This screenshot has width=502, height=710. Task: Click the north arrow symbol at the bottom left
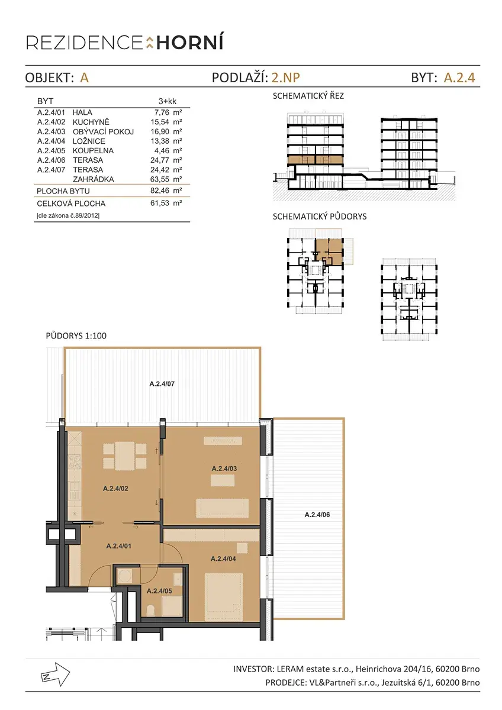tap(55, 674)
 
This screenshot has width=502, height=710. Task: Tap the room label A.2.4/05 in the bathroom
tap(159, 591)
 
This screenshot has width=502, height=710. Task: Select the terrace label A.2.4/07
tap(162, 384)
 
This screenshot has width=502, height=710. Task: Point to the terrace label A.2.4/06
tap(317, 515)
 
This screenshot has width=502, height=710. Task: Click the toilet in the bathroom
tap(151, 609)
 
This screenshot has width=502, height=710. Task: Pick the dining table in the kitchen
tap(125, 456)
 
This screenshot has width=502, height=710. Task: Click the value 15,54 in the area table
tap(160, 122)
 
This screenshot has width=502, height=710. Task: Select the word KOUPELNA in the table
tap(93, 150)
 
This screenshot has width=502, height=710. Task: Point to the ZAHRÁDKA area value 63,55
tap(160, 179)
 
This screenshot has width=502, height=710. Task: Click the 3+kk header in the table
tap(168, 101)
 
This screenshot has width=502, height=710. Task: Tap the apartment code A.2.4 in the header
tap(459, 78)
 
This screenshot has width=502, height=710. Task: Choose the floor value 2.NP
tap(286, 78)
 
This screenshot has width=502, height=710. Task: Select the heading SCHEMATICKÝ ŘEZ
tap(308, 96)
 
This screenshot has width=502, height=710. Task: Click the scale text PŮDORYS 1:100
tap(76, 335)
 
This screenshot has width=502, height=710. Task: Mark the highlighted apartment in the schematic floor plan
tap(329, 251)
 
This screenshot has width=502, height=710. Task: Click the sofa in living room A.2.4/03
tap(223, 508)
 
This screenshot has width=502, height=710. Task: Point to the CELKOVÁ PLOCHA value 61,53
tap(160, 203)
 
